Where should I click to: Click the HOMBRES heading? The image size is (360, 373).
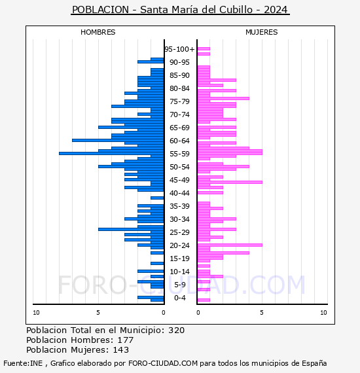click(x=98, y=32)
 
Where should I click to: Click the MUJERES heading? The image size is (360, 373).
click(x=262, y=32)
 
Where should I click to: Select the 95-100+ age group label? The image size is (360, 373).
click(x=179, y=49)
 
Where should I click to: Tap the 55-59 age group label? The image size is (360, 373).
click(x=179, y=154)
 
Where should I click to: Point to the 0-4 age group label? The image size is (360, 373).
click(x=180, y=298)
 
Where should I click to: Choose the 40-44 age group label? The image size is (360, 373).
click(x=179, y=193)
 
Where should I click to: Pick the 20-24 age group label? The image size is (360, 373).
click(x=179, y=245)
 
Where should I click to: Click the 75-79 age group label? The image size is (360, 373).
click(x=179, y=101)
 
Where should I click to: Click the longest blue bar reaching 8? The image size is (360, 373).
click(x=111, y=153)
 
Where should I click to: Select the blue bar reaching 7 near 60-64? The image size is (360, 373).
click(x=118, y=140)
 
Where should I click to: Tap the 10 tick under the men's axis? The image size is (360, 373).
click(x=36, y=313)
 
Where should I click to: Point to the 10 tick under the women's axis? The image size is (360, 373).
click(x=323, y=313)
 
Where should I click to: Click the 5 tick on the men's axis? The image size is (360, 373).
click(x=98, y=313)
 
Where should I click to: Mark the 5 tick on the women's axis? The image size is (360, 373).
click(x=262, y=313)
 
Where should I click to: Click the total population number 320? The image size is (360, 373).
click(x=177, y=330)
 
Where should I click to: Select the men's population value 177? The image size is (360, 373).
click(x=126, y=340)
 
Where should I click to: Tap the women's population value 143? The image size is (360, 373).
click(x=121, y=349)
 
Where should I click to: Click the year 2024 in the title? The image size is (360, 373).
click(x=276, y=10)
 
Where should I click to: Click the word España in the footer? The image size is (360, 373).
click(x=314, y=363)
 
